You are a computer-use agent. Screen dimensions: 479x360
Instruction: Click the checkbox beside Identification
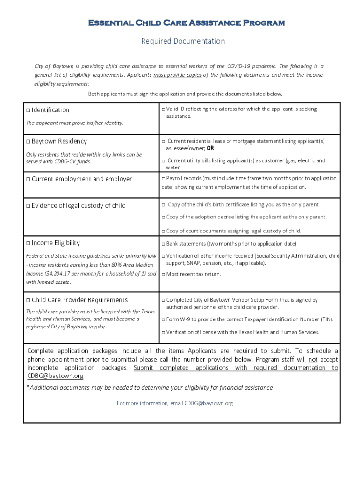point(28,110)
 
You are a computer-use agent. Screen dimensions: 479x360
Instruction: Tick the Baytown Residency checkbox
point(28,142)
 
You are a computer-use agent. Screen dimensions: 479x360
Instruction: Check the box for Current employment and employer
point(28,179)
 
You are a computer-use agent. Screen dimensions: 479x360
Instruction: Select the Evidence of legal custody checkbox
point(28,206)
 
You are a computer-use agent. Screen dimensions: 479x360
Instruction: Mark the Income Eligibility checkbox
point(28,243)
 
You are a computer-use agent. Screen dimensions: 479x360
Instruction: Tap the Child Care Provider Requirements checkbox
point(28,300)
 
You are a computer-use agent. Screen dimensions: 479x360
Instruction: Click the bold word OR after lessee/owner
point(210,148)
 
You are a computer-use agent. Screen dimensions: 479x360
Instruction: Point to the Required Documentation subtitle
point(183,41)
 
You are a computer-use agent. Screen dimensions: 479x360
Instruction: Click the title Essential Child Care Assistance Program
point(180,23)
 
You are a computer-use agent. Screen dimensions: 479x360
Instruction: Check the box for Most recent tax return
point(163,275)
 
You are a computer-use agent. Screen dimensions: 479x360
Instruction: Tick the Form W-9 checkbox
point(163,320)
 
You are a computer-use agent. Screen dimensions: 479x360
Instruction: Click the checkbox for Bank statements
point(163,244)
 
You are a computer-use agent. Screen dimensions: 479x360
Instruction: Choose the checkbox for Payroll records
point(163,179)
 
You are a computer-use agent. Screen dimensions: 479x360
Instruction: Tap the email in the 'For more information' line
point(209,403)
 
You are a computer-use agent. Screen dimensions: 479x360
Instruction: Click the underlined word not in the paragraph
point(313,360)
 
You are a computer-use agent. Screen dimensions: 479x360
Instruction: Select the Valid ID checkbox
point(163,109)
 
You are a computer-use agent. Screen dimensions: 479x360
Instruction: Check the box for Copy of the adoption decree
point(163,218)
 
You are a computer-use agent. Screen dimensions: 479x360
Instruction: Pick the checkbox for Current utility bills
point(163,161)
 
